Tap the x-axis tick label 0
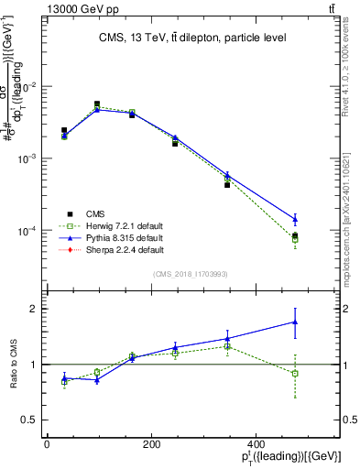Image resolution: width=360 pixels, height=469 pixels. point(47,445)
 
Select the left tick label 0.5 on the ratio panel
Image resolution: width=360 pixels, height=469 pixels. point(30,420)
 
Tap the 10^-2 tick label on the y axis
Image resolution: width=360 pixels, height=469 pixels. point(27,86)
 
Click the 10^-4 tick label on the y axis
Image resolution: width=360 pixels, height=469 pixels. point(27,230)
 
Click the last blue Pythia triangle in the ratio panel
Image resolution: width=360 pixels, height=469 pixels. point(294,322)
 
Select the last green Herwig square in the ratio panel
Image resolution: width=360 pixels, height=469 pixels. point(294,374)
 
